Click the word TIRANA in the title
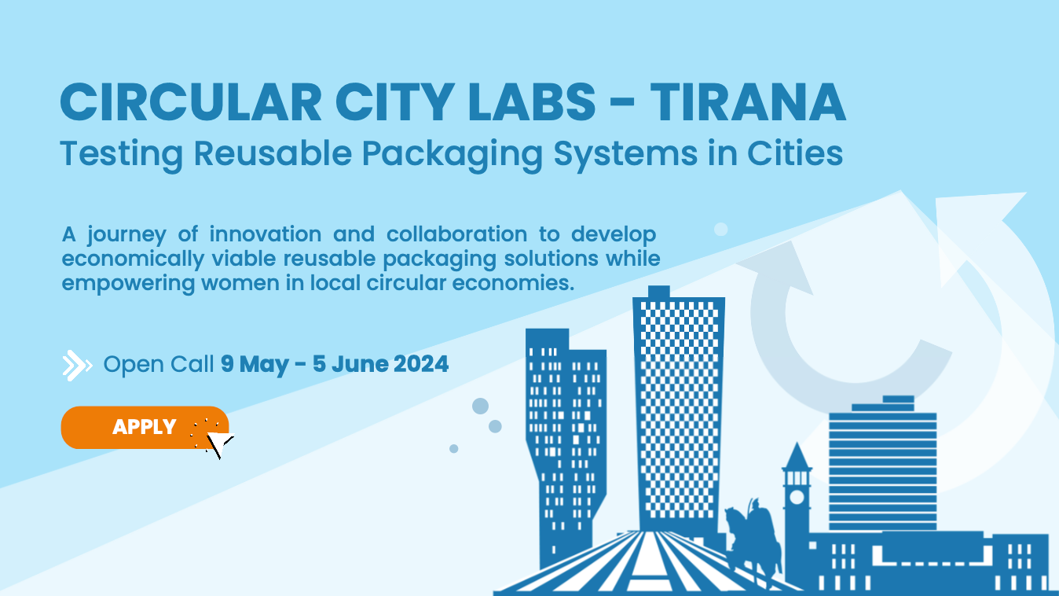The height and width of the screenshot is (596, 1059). tap(747, 103)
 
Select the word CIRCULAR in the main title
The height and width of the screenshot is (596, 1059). tap(191, 103)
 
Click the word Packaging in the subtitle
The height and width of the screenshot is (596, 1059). tap(453, 155)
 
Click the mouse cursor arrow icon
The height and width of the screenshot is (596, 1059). tap(219, 443)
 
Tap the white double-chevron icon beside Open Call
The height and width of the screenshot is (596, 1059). tap(77, 365)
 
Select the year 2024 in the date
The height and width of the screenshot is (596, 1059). tap(421, 364)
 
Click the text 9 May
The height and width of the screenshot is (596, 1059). tap(255, 365)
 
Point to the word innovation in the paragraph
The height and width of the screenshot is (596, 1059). tap(266, 234)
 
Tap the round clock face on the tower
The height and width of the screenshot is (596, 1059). tap(797, 497)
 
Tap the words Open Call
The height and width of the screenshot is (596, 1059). tap(159, 365)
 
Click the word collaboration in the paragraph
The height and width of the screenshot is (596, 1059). tap(456, 234)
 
